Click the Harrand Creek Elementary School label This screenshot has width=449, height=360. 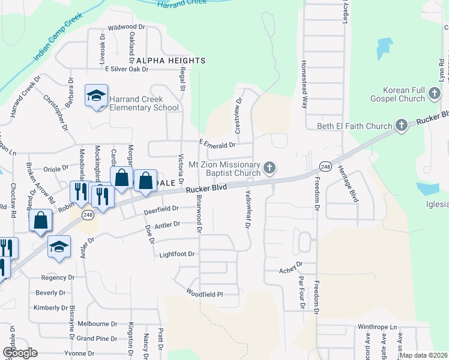144,103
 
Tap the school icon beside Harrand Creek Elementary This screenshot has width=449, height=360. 96,96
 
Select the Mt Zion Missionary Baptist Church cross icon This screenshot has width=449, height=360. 270,167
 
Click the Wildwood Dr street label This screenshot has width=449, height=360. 127,28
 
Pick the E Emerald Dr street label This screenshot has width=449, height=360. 217,145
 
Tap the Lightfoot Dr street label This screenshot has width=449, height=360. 177,254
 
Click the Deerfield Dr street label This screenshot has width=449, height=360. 161,209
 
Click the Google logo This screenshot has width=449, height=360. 20,353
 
